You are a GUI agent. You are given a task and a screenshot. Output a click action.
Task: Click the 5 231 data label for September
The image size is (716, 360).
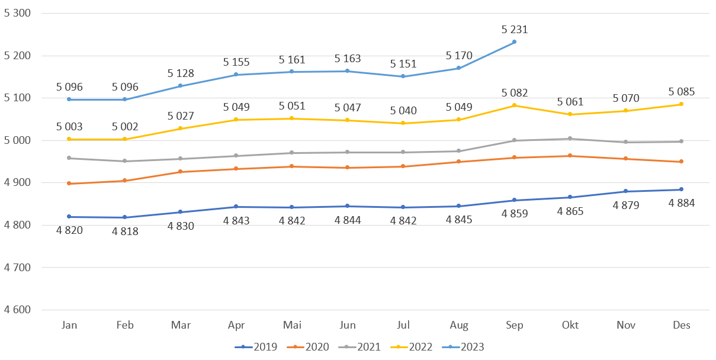pyautogui.click(x=514, y=30)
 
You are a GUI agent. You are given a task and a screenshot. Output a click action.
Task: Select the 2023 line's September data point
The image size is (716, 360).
pyautogui.click(x=514, y=41)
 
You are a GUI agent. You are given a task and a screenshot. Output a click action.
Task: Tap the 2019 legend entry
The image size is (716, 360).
pyautogui.click(x=256, y=347)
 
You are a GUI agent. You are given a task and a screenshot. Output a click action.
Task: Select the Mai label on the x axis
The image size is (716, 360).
pyautogui.click(x=291, y=325)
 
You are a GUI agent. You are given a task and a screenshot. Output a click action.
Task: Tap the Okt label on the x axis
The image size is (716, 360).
pyautogui.click(x=570, y=325)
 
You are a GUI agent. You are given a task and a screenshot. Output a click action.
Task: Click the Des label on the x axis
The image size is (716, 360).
pyautogui.click(x=682, y=325)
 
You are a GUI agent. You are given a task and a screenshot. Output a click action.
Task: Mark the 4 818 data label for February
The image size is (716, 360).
pyautogui.click(x=124, y=231)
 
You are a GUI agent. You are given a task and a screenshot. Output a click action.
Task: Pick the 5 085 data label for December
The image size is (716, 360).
pyautogui.click(x=681, y=92)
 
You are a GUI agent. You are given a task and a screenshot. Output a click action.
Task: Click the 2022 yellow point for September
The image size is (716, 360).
pyautogui.click(x=514, y=105)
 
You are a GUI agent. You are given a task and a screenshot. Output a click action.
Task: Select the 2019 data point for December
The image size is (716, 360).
pyautogui.click(x=681, y=189)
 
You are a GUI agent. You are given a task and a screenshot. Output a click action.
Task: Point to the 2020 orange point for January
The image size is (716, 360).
pyautogui.click(x=69, y=184)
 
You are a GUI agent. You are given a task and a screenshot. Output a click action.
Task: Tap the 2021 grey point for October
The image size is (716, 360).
pyautogui.click(x=570, y=139)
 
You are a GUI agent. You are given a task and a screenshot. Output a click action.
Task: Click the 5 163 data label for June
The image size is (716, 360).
pyautogui.click(x=347, y=59)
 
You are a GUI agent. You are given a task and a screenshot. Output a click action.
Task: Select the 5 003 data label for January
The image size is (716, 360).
pyautogui.click(x=69, y=127)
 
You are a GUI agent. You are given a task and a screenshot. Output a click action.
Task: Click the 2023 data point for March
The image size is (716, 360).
pyautogui.click(x=181, y=86)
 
